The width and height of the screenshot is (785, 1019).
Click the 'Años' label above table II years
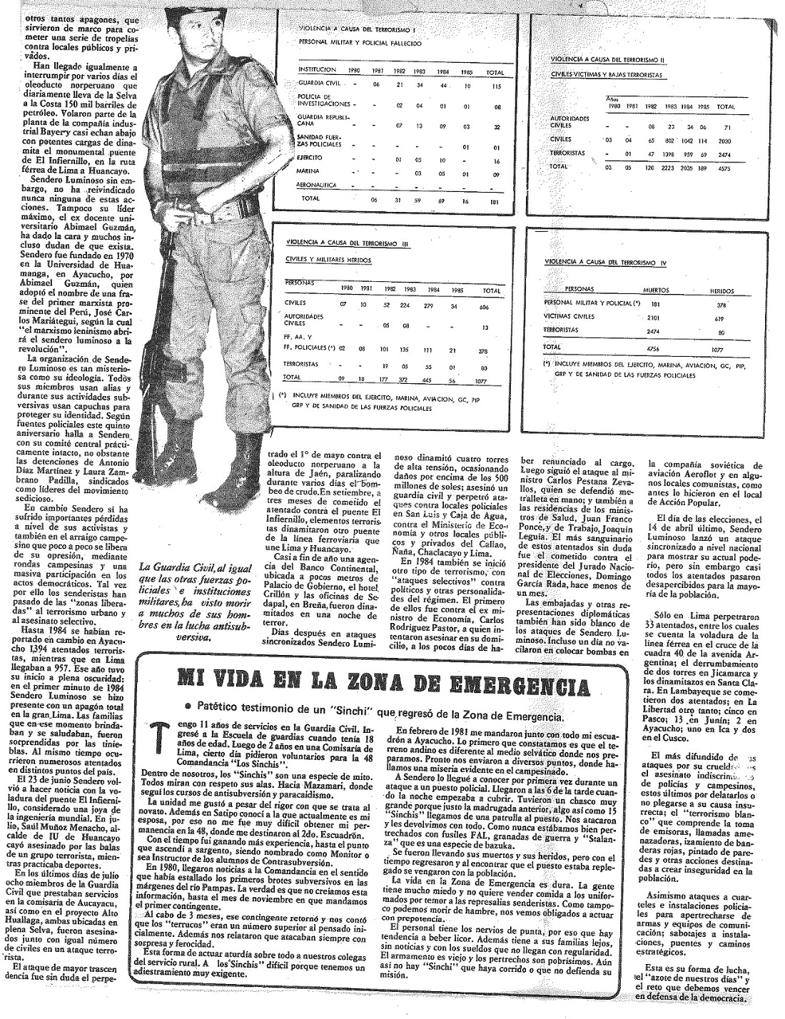click(x=612, y=100)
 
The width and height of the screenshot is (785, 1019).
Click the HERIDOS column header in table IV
click(x=721, y=291)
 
